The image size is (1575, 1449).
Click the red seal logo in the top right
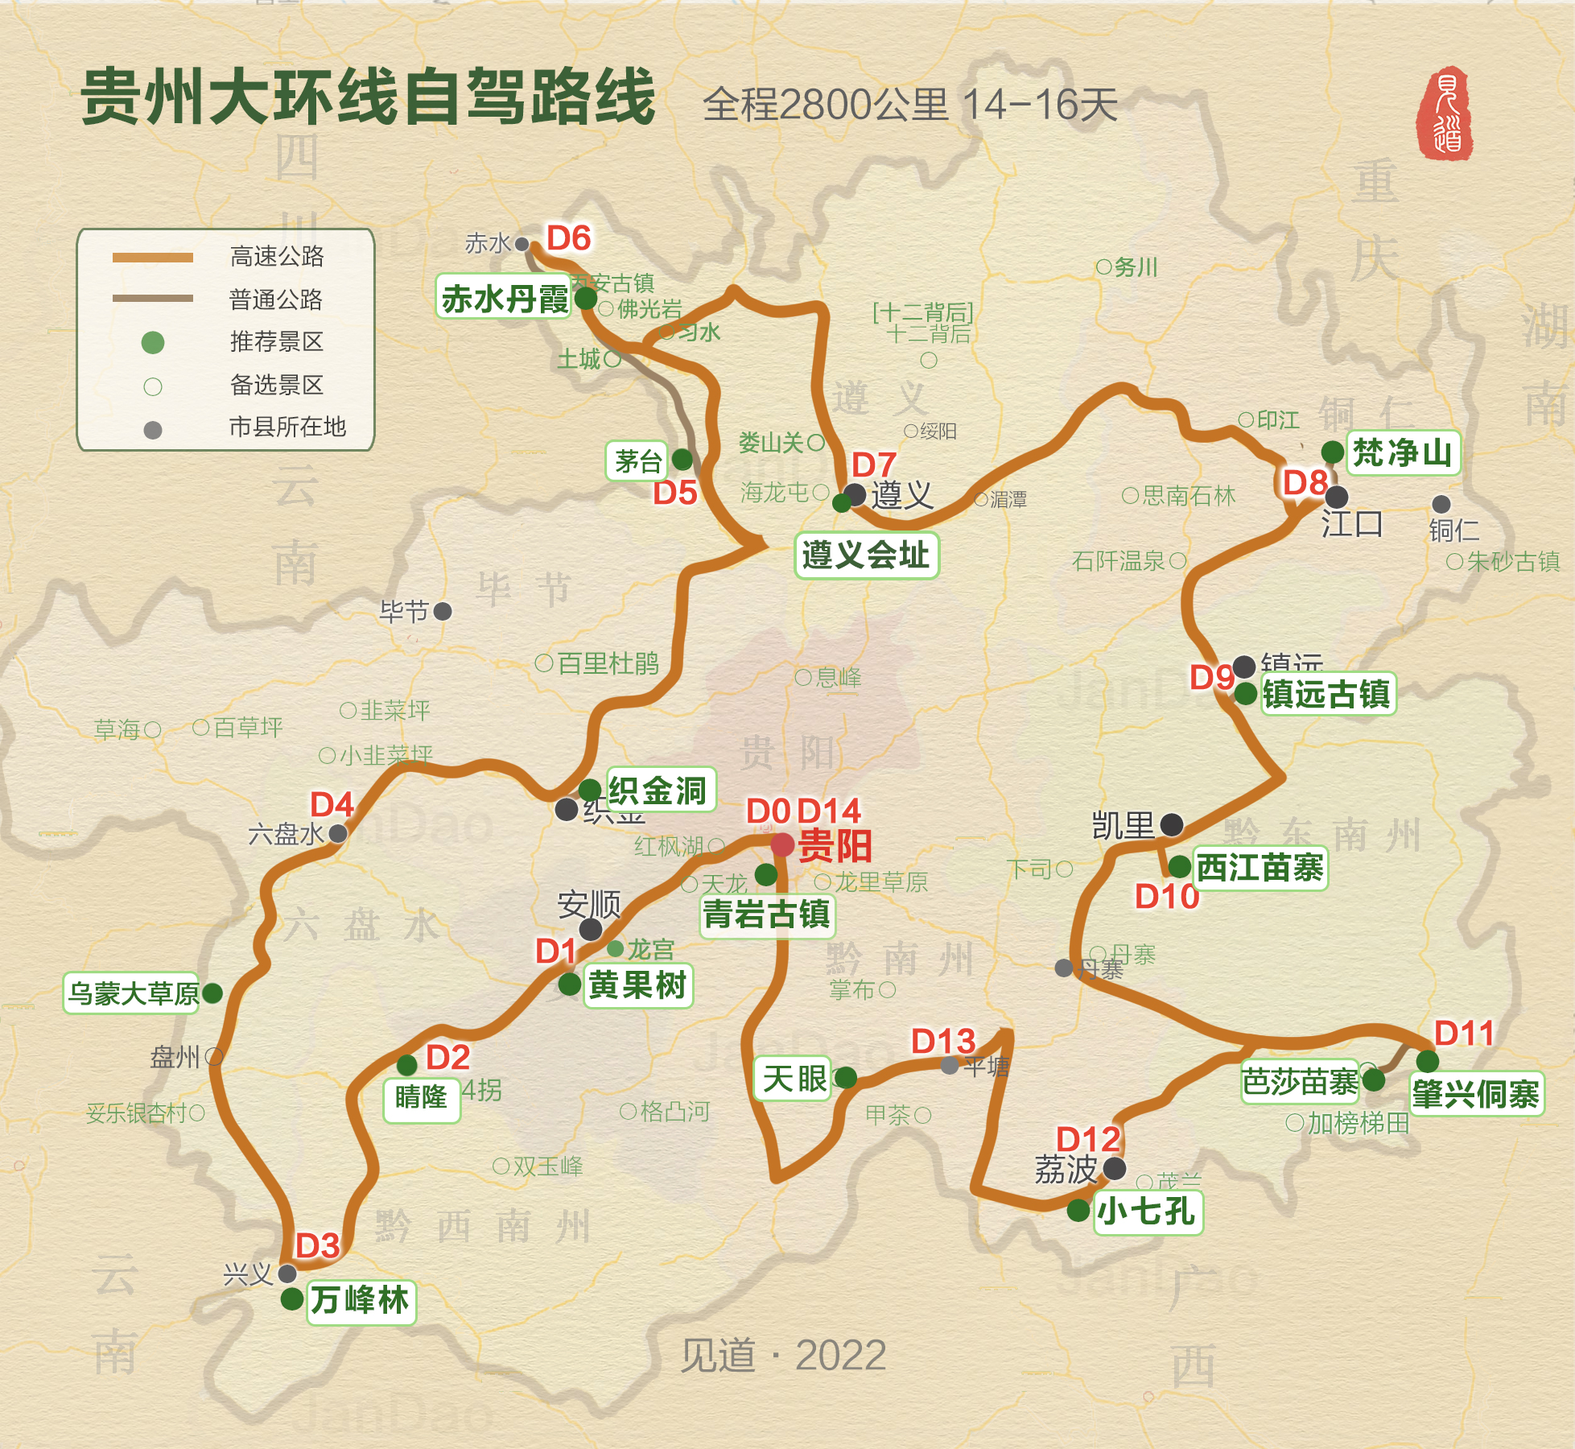pyautogui.click(x=1445, y=113)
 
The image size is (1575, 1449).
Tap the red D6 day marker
pyautogui.click(x=568, y=238)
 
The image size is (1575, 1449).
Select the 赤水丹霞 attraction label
pyautogui.click(x=505, y=299)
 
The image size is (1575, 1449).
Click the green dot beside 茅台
pyautogui.click(x=682, y=460)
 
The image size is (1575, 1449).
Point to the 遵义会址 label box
pyautogui.click(x=866, y=555)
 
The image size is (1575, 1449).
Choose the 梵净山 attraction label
pyautogui.click(x=1402, y=452)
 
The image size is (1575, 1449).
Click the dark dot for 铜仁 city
pyautogui.click(x=1441, y=504)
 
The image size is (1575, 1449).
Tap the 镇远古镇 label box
pyautogui.click(x=1326, y=694)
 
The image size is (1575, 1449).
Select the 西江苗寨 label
pyautogui.click(x=1260, y=868)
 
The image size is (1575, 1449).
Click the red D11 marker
pyautogui.click(x=1464, y=1033)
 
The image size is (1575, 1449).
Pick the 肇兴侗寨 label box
pyautogui.click(x=1477, y=1094)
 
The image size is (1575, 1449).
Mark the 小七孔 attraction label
pyautogui.click(x=1148, y=1211)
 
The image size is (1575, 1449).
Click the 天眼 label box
pyautogui.click(x=794, y=1079)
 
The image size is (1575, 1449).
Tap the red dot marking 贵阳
pyautogui.click(x=782, y=845)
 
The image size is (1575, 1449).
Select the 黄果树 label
pyautogui.click(x=637, y=985)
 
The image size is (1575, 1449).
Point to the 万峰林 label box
pyautogui.click(x=361, y=1300)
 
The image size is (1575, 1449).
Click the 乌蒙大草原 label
pyautogui.click(x=133, y=993)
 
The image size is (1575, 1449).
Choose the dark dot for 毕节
pyautogui.click(x=443, y=611)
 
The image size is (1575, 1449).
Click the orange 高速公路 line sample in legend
pyautogui.click(x=153, y=258)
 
